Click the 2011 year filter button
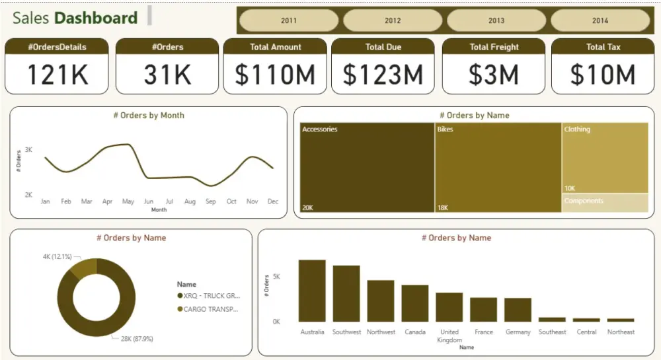click(289, 20)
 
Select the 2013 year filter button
click(496, 20)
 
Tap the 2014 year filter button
click(600, 20)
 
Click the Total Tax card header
click(603, 47)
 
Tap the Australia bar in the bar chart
click(312, 291)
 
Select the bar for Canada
click(415, 303)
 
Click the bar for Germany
click(518, 310)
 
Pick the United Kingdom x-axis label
click(449, 336)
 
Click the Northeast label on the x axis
click(621, 332)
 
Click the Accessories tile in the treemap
click(367, 168)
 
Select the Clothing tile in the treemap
click(605, 157)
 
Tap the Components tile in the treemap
click(605, 203)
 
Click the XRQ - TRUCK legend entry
click(211, 296)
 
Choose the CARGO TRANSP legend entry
click(211, 309)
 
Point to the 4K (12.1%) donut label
click(57, 256)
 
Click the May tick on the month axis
click(128, 201)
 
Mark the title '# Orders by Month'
click(149, 116)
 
